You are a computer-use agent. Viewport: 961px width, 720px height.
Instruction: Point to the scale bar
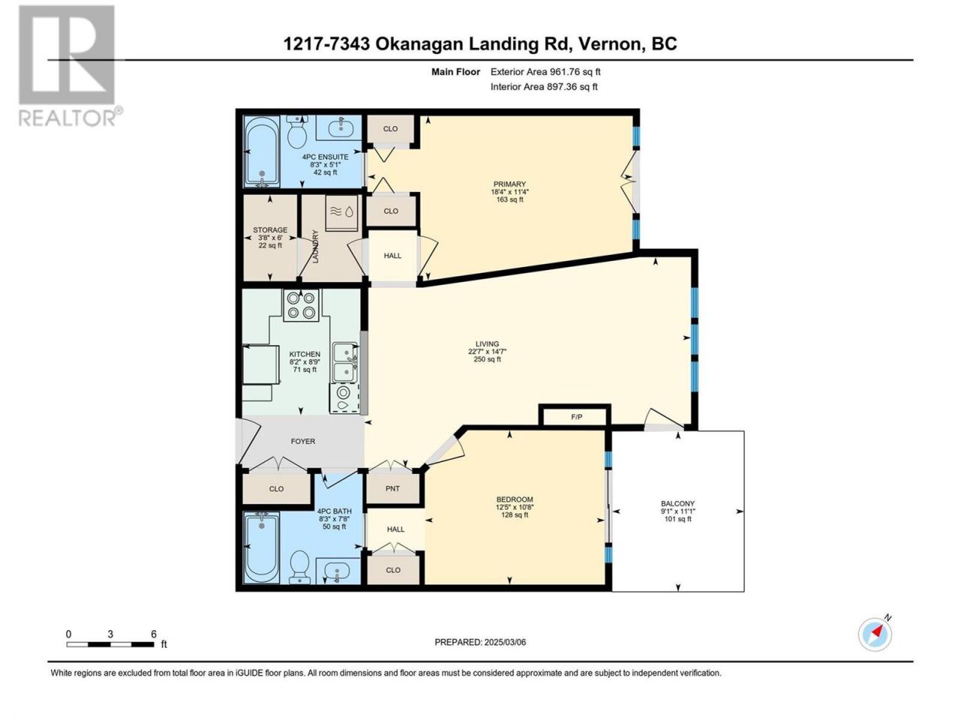110,644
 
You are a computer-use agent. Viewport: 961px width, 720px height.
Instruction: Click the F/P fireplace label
577,417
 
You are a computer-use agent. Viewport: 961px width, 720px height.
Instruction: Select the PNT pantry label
392,489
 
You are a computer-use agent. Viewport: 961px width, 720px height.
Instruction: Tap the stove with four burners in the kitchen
301,305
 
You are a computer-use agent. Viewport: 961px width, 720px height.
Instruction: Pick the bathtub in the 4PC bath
262,548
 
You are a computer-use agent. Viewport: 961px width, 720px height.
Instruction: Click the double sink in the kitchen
346,362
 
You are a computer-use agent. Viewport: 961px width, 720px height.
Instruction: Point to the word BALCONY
678,503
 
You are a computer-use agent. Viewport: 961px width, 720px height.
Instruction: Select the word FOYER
303,441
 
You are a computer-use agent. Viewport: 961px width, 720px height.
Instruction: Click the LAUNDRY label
315,247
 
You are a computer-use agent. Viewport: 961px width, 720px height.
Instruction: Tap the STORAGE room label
270,230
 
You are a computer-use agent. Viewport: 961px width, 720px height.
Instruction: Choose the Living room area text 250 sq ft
487,359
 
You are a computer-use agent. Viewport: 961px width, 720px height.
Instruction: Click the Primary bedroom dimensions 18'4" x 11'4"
509,192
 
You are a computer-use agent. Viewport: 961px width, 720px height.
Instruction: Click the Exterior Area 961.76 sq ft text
546,72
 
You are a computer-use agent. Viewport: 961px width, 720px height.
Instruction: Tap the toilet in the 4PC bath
300,566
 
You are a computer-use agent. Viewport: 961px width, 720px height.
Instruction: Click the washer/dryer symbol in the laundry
342,213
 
